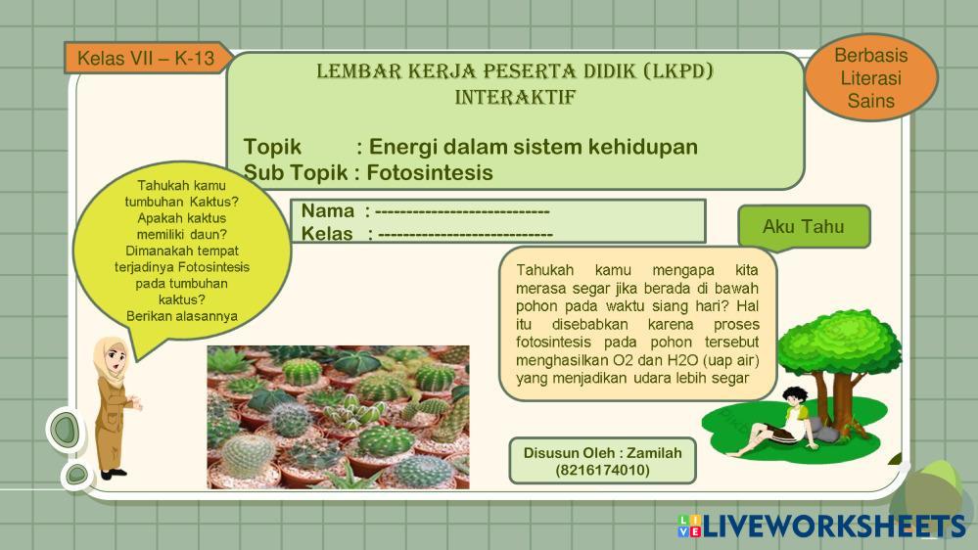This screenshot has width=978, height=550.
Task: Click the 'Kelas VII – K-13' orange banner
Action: [x=148, y=58]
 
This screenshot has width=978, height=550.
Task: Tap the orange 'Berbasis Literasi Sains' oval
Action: [x=870, y=77]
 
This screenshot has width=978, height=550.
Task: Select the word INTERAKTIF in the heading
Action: [x=515, y=97]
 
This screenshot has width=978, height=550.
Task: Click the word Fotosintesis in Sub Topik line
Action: [x=430, y=172]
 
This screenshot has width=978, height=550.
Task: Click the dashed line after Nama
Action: [x=462, y=212]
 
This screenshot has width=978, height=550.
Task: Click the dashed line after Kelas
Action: [x=465, y=235]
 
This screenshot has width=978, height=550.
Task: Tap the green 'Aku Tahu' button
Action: [x=804, y=226]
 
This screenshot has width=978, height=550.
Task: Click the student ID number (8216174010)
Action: [x=602, y=470]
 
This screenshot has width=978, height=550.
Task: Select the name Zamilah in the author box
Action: [x=654, y=453]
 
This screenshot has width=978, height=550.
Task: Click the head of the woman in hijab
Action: [x=113, y=356]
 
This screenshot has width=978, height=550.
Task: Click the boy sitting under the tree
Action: [x=772, y=423]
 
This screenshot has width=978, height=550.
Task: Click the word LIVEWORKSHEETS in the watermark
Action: [x=834, y=527]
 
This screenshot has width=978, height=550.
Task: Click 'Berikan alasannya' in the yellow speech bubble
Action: [x=181, y=316]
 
